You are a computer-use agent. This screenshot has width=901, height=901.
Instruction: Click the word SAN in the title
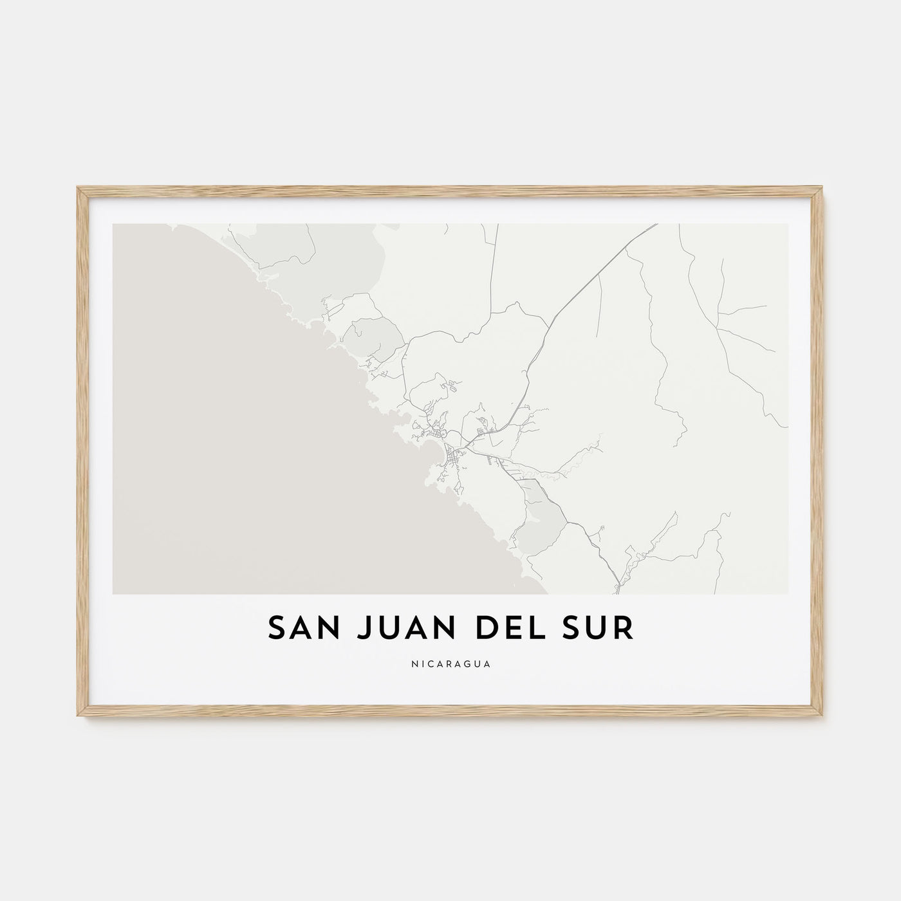(297, 629)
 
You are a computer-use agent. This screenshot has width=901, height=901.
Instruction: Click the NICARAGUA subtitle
(450, 664)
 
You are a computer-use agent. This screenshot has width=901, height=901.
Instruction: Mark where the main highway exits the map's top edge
(656, 225)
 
